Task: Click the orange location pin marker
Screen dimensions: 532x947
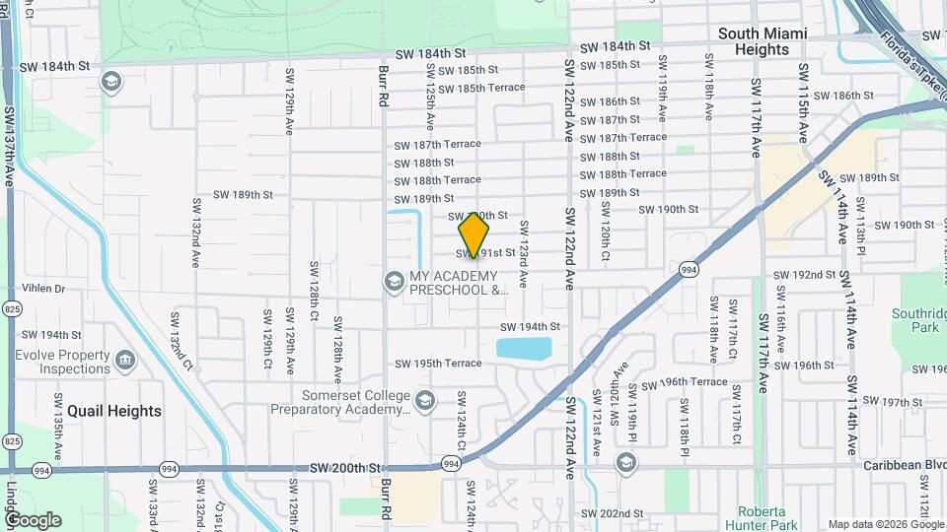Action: click(474, 236)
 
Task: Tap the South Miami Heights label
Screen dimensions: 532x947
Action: click(763, 41)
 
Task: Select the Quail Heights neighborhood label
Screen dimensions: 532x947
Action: click(113, 411)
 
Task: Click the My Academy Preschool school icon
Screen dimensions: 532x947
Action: click(394, 283)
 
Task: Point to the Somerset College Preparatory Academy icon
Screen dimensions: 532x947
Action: click(424, 400)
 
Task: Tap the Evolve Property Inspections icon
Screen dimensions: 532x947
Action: click(125, 362)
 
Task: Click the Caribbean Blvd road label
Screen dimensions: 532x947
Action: click(903, 463)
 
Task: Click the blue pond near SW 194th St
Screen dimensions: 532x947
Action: click(524, 349)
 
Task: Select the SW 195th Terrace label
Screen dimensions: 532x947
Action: click(438, 364)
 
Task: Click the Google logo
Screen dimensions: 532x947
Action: click(33, 520)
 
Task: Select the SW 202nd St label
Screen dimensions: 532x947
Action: click(612, 513)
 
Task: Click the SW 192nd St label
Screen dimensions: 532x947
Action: click(803, 275)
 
